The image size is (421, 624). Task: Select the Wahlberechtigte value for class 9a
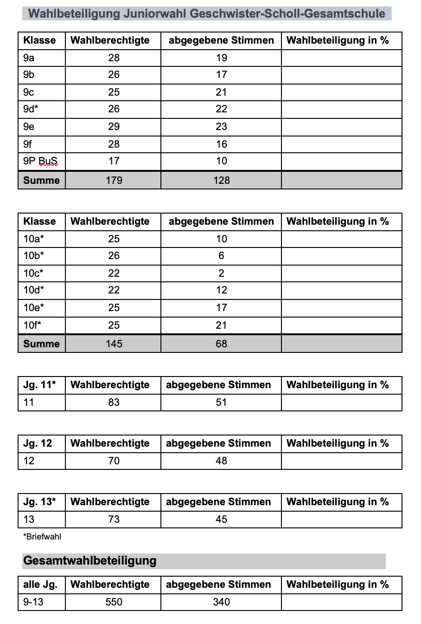[114, 58]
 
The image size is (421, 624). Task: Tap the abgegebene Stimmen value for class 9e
[221, 126]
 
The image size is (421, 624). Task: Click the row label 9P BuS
[40, 161]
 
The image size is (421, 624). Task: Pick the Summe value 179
[114, 180]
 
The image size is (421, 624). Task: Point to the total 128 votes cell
[221, 180]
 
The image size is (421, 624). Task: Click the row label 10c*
[33, 273]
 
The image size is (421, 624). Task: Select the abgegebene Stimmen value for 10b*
[221, 256]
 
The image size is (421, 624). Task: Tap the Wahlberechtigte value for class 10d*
[114, 290]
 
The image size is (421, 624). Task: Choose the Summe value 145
[114, 344]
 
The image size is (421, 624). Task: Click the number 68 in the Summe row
[221, 344]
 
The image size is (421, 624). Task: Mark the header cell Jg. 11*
[39, 385]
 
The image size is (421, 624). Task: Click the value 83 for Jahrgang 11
[114, 403]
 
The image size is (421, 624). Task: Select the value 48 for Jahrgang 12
[221, 461]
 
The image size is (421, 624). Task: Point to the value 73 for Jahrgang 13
[114, 520]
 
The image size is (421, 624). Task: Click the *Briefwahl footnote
[42, 537]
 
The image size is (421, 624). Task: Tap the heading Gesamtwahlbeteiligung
[90, 561]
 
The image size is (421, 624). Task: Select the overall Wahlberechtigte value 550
[114, 602]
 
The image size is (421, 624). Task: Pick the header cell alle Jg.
[40, 585]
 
